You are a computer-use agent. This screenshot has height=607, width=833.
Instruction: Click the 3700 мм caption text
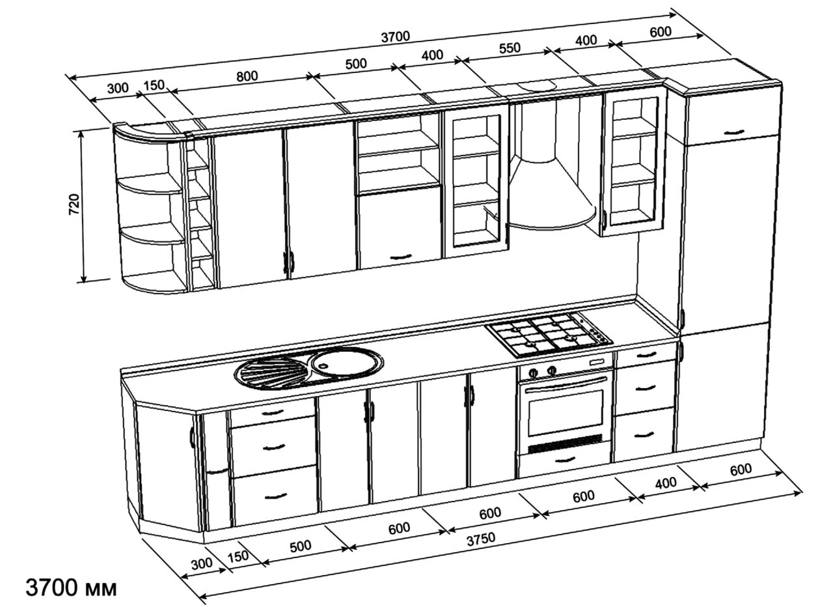click(71, 587)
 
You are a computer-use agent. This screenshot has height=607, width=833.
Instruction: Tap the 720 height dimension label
click(74, 204)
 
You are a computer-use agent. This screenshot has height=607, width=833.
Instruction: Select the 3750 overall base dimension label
click(481, 539)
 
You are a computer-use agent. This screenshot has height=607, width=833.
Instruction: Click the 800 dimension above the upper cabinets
click(247, 76)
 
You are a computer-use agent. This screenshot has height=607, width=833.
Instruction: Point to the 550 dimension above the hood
click(510, 48)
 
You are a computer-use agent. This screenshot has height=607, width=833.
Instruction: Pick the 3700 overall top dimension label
click(396, 36)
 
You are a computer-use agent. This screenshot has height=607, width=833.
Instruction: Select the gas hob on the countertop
click(550, 334)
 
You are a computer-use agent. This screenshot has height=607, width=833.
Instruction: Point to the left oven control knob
click(533, 373)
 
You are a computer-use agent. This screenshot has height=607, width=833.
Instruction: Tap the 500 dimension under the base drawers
click(300, 546)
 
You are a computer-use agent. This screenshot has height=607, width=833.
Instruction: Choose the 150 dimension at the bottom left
click(238, 557)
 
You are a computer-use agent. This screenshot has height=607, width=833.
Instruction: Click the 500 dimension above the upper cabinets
click(356, 64)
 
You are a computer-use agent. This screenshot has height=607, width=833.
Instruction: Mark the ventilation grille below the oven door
click(566, 444)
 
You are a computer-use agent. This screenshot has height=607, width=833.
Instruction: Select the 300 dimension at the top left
click(118, 89)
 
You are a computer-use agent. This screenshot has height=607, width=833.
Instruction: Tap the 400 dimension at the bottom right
click(665, 483)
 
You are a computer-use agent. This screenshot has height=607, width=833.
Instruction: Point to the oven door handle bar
click(566, 384)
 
